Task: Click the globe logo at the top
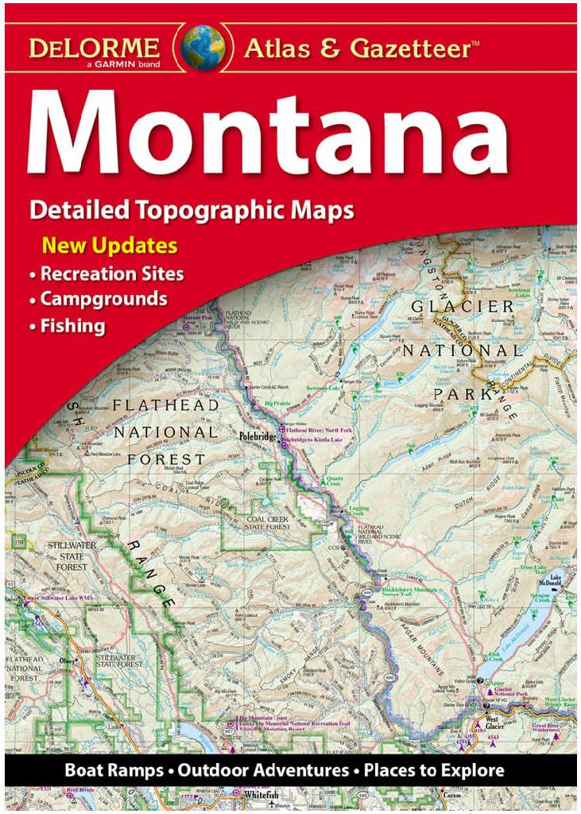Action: [203, 45]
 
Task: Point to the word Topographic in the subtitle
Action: [206, 211]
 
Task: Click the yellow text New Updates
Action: [110, 244]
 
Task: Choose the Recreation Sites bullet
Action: [112, 274]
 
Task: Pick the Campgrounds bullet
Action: [103, 300]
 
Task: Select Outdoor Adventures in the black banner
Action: [263, 770]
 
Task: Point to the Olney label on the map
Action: [67, 661]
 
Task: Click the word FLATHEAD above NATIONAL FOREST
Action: [166, 405]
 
